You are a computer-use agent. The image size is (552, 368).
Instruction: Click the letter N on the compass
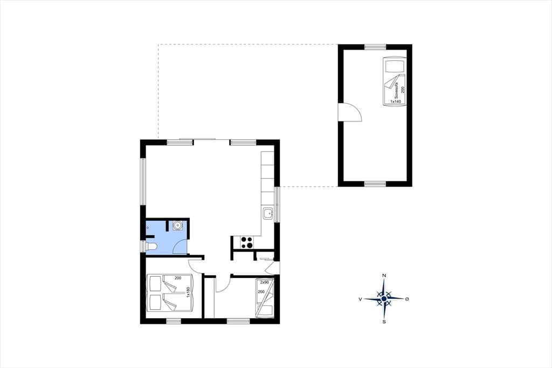point(384,275)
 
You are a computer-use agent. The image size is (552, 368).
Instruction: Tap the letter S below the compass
point(384,322)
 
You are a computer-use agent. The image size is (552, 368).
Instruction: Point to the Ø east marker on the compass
point(408,299)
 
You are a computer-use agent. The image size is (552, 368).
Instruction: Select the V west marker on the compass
point(360,299)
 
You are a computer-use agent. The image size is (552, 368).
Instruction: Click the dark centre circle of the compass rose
point(384,299)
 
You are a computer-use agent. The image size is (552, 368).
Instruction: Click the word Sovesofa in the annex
point(396,90)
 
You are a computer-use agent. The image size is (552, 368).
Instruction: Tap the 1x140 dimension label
point(395,101)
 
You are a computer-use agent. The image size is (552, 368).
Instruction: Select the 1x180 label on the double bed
point(188,292)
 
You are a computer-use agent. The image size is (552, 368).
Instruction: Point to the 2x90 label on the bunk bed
point(264,282)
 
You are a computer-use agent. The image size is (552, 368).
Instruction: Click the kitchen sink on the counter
point(268,214)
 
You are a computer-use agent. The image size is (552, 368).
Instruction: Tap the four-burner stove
point(246,242)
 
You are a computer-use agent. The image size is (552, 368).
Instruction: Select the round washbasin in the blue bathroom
point(177,225)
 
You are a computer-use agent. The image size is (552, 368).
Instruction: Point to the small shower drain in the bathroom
point(148,227)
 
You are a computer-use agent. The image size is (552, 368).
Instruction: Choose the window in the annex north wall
point(375,47)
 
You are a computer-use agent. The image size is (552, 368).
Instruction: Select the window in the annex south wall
point(375,183)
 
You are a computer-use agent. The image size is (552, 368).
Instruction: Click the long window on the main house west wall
point(143,181)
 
